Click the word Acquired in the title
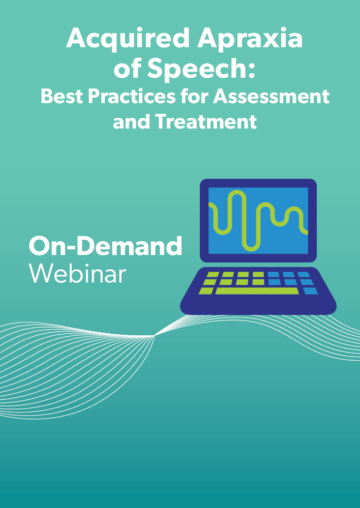(x=128, y=38)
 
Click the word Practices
(x=132, y=97)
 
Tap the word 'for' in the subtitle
(x=194, y=96)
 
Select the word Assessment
(x=271, y=97)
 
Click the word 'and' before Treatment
(x=131, y=121)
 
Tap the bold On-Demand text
(x=105, y=245)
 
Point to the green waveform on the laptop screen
(x=258, y=220)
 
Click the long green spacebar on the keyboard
(x=257, y=291)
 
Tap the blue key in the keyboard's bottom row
(x=311, y=291)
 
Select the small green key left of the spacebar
(x=206, y=291)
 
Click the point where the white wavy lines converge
(x=154, y=336)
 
